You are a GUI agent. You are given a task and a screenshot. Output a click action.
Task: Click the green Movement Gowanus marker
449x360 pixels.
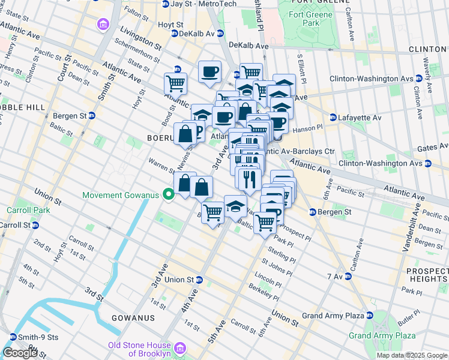[x=169, y=194]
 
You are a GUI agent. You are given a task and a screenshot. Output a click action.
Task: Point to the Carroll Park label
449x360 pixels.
[x=20, y=211]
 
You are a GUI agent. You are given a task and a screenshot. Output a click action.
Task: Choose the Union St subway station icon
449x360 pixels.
[x=200, y=280]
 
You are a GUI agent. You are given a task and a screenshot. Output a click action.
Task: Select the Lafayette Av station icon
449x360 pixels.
[x=333, y=118]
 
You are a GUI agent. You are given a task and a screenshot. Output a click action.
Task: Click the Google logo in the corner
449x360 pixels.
[x=20, y=353]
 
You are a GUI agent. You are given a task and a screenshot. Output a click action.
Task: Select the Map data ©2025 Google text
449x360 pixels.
[x=411, y=355]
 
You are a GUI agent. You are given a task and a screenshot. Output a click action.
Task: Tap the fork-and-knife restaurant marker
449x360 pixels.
[x=248, y=178]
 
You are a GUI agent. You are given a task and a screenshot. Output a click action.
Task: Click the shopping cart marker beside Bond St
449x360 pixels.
[x=175, y=83]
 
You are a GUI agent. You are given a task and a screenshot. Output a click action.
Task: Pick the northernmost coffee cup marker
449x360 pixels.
[x=209, y=71]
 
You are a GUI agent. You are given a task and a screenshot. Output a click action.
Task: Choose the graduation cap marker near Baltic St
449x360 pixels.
[x=235, y=205]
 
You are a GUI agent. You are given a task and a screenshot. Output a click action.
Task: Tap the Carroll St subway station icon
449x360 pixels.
[x=35, y=225]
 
